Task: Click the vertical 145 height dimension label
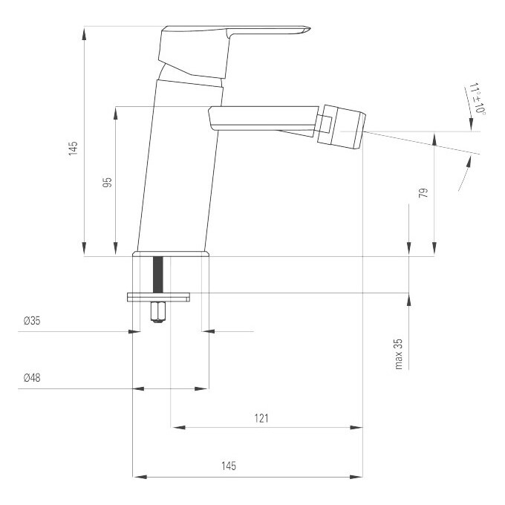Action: coord(73,148)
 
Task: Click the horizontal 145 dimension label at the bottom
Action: coord(229,466)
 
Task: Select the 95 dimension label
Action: coord(107,182)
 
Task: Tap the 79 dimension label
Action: coord(423,193)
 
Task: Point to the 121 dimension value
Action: coord(261,418)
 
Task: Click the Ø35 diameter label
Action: coord(32,321)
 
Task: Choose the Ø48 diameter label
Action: coord(32,377)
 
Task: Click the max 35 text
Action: coord(399,354)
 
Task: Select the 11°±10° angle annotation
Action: coord(478,99)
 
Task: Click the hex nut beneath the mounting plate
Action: coord(157,312)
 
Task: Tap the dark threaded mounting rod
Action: coord(158,275)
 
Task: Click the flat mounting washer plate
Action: coord(158,297)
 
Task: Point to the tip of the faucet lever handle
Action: coord(310,28)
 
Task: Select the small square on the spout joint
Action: coord(326,124)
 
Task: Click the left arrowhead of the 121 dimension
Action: coord(179,427)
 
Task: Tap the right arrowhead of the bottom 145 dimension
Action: coord(356,477)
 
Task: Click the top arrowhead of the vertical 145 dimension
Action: coord(84,33)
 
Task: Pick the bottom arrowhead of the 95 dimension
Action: coord(116,250)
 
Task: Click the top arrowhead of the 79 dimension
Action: coord(434,139)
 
